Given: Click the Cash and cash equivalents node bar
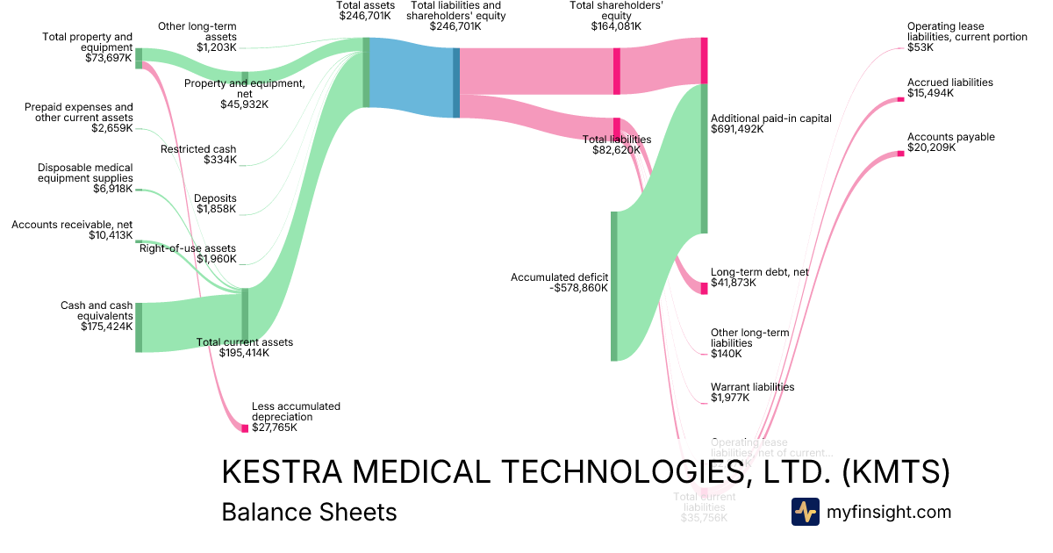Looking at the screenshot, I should [x=139, y=327].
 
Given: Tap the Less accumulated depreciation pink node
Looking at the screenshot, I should [x=245, y=428].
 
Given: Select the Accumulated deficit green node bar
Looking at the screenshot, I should [x=614, y=286].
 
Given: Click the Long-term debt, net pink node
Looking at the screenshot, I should [x=704, y=288].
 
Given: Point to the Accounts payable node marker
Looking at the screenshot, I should [x=900, y=154].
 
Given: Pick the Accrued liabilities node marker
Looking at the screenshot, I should [x=900, y=99].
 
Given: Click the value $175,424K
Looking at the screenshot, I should [x=107, y=327].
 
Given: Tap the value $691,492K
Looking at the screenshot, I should [x=737, y=129].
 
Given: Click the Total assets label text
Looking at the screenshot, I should [x=365, y=5].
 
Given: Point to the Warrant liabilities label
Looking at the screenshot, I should [x=752, y=387].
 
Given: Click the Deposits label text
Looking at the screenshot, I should [x=216, y=198].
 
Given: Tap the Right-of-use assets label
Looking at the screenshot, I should [x=188, y=248].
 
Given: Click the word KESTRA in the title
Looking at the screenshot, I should [x=280, y=472].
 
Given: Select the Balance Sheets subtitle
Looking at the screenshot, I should [x=309, y=512].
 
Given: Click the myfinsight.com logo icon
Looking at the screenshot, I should [x=806, y=512].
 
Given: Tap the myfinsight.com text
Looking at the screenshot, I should [x=889, y=512].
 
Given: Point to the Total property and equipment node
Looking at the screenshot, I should [x=139, y=58].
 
